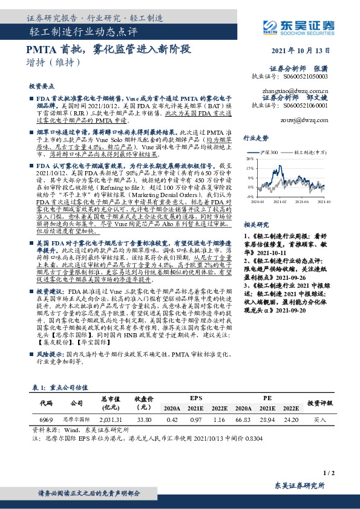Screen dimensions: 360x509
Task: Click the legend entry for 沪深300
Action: click(268, 153)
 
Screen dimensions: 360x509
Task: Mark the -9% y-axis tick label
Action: click(250, 196)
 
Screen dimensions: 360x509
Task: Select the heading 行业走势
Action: click(255, 138)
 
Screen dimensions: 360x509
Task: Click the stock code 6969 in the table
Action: click(47, 419)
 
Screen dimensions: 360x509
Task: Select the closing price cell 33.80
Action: click(145, 419)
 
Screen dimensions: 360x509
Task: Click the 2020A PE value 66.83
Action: click(243, 419)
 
